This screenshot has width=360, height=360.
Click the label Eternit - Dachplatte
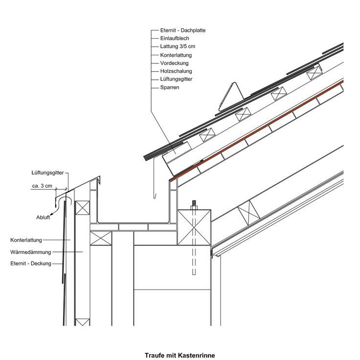[183, 30]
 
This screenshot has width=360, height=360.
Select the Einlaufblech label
[175, 38]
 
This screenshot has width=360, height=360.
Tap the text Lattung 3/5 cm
[178, 46]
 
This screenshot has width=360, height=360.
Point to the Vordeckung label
[174, 63]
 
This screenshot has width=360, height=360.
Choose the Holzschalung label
[176, 71]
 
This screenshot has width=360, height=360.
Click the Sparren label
[170, 88]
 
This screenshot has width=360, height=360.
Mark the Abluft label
[43, 218]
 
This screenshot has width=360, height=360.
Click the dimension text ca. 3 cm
[42, 186]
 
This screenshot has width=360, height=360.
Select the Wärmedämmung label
[30, 252]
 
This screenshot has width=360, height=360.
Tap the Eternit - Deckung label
[31, 263]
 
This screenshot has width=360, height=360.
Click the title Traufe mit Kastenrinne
[180, 356]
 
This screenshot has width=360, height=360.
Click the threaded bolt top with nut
[194, 205]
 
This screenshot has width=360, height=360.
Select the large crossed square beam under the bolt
[194, 227]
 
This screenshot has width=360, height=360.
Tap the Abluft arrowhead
[51, 214]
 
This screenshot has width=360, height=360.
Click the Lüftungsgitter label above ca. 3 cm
[47, 173]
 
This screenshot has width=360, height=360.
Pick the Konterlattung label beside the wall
[26, 240]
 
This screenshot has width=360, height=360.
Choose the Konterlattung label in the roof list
[176, 55]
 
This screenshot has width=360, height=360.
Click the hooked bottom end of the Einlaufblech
[155, 197]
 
